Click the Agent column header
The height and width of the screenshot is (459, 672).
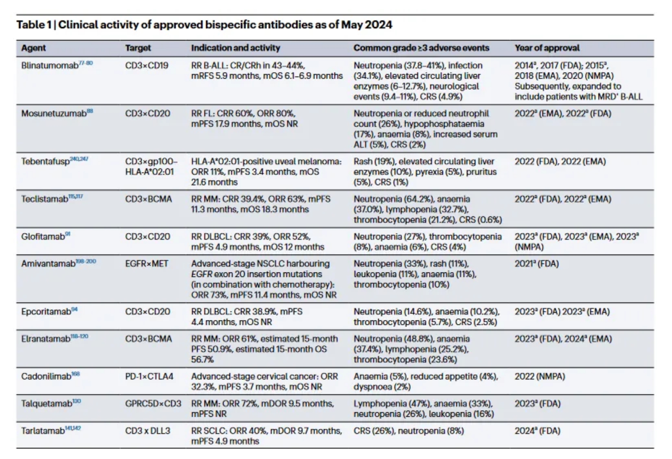(33, 48)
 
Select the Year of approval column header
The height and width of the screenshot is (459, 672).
(547, 48)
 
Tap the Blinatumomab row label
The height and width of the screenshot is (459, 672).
(50, 66)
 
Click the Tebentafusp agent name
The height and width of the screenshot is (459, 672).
(45, 162)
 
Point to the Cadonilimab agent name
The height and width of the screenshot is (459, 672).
(46, 376)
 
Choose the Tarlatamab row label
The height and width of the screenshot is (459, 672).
(43, 431)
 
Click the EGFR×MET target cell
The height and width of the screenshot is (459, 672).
(147, 264)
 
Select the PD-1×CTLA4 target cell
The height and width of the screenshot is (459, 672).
(149, 376)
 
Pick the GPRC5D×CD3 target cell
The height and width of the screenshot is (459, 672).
(153, 404)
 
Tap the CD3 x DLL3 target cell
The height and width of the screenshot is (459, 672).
(147, 431)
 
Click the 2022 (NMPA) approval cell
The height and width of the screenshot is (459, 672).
(540, 376)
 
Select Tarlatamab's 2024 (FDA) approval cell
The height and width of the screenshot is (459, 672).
(537, 431)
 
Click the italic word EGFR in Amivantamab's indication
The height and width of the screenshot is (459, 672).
(201, 274)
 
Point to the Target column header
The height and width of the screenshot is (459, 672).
(138, 48)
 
